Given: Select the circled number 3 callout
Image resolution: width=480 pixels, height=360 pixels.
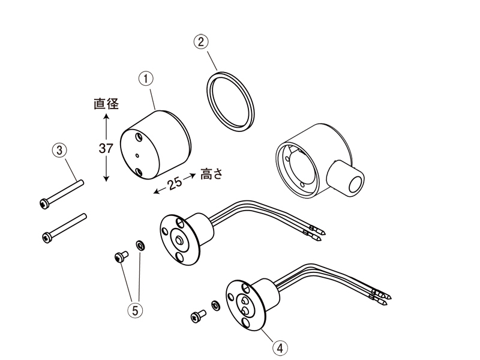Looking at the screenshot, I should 58,149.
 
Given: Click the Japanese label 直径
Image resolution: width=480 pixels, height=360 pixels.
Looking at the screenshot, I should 106,103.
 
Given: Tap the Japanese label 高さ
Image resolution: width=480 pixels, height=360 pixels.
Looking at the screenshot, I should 212,174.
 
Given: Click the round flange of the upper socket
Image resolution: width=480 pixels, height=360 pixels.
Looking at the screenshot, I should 178,239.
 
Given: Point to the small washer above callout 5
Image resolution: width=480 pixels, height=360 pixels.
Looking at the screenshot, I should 140,244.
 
